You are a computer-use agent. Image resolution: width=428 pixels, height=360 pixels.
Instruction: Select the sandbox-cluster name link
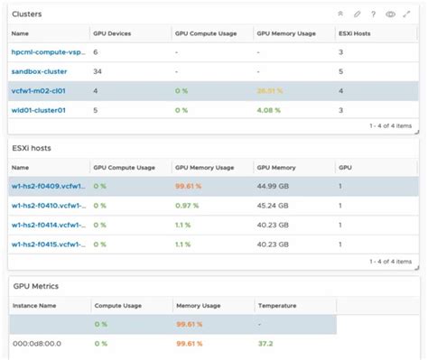click(x=38, y=71)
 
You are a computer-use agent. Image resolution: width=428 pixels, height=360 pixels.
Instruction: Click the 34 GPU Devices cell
click(x=98, y=71)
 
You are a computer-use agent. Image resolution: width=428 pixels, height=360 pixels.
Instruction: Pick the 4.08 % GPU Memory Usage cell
click(x=272, y=110)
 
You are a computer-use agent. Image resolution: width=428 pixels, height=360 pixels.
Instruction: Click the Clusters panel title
click(x=27, y=14)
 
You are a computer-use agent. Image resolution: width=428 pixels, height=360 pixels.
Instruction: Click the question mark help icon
click(x=373, y=14)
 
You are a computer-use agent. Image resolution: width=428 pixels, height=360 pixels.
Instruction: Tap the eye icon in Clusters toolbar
click(x=390, y=14)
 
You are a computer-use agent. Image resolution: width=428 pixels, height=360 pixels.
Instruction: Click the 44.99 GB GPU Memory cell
click(x=275, y=187)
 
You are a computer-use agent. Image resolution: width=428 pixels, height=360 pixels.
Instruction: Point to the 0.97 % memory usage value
click(x=188, y=206)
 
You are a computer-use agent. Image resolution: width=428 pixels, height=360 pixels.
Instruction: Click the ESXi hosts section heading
click(x=31, y=149)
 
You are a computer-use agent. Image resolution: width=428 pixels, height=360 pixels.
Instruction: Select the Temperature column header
click(x=276, y=306)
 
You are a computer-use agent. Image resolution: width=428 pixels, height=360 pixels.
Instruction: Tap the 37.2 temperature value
click(x=266, y=344)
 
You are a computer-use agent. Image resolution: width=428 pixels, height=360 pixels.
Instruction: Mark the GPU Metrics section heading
click(x=35, y=286)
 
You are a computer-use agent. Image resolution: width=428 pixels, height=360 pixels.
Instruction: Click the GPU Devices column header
click(x=112, y=33)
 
